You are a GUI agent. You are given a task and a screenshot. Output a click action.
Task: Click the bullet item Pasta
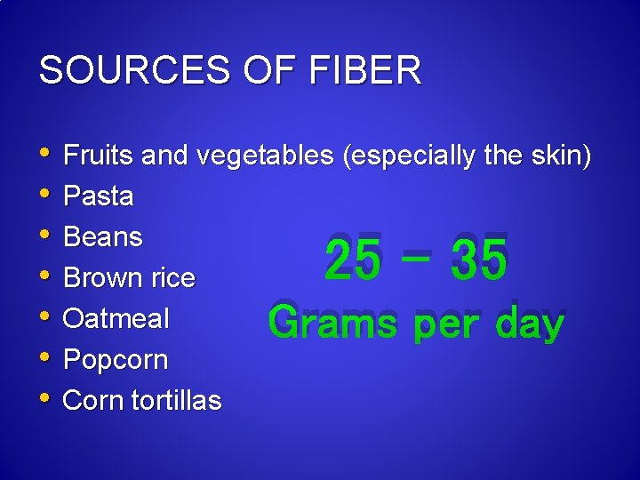(99, 196)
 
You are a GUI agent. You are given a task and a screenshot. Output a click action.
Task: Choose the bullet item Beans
(103, 237)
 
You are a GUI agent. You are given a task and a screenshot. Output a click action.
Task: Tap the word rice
(173, 278)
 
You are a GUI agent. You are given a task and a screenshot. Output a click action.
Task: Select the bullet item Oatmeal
(116, 318)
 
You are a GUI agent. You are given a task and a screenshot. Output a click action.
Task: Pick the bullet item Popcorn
(116, 360)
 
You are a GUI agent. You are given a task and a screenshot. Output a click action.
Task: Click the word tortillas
(176, 401)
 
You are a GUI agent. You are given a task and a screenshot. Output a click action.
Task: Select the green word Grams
(332, 323)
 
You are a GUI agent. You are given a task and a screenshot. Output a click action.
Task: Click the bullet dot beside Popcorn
(46, 358)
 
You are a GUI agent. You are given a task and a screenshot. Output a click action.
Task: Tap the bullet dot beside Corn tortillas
(46, 399)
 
